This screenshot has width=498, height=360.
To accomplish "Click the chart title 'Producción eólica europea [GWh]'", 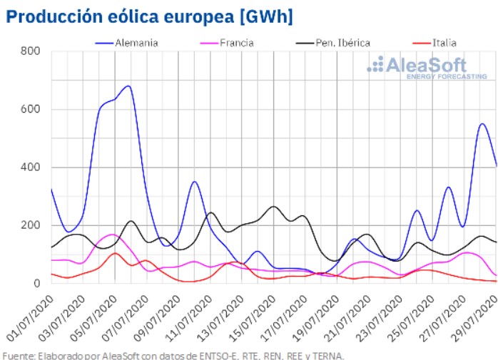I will pos(149,16).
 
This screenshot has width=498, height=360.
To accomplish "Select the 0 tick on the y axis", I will pos(36,284).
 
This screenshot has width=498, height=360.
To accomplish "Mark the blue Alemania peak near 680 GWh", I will pos(128,86).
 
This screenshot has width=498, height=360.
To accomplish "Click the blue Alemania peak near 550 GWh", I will pos(482,124).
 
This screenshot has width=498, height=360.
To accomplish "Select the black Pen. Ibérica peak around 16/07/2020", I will pos(273,207).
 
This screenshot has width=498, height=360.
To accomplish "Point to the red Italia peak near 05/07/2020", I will pos(115,253).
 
